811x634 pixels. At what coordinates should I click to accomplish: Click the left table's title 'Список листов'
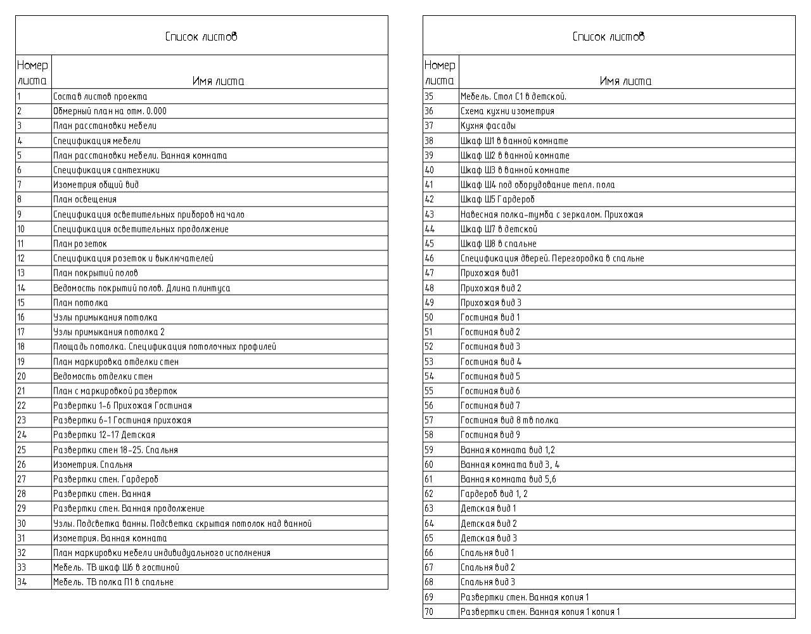click(201, 37)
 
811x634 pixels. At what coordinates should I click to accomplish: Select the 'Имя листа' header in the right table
click(625, 81)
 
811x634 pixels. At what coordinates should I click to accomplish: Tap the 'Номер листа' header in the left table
click(32, 73)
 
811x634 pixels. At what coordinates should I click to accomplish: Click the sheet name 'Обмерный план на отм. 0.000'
click(110, 111)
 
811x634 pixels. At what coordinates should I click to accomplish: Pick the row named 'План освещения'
click(85, 200)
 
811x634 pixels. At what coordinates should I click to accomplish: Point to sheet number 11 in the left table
click(21, 243)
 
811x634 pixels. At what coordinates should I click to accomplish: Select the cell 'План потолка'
click(80, 303)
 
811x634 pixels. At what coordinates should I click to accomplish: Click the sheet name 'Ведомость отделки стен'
click(103, 377)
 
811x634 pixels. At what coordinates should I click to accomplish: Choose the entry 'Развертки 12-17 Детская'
click(104, 435)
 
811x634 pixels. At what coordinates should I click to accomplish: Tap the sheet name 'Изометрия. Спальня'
click(93, 465)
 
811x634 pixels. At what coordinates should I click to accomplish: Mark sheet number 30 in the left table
click(22, 524)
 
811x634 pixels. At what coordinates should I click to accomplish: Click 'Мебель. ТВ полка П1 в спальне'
click(113, 582)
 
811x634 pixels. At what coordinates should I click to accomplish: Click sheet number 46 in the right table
click(430, 258)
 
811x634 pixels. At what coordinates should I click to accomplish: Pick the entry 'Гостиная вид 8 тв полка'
click(509, 420)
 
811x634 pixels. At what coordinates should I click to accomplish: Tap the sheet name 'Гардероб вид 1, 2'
click(494, 494)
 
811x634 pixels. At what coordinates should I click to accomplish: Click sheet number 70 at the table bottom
click(430, 612)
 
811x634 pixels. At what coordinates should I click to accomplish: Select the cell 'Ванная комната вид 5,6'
click(508, 479)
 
